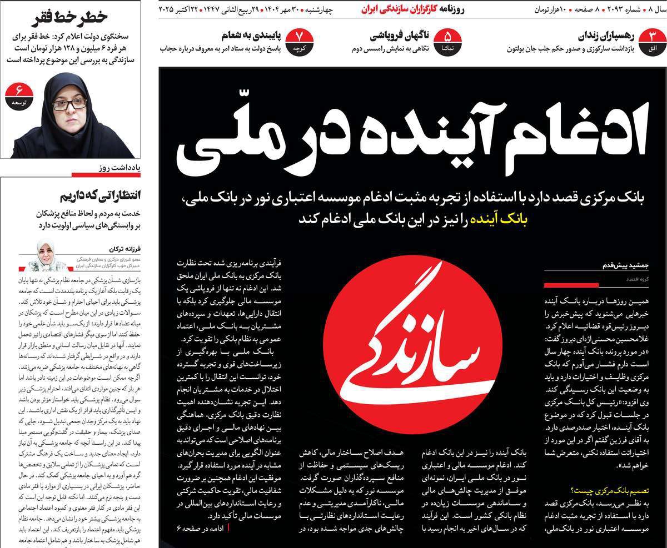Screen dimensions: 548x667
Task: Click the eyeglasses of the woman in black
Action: (x=69, y=103)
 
